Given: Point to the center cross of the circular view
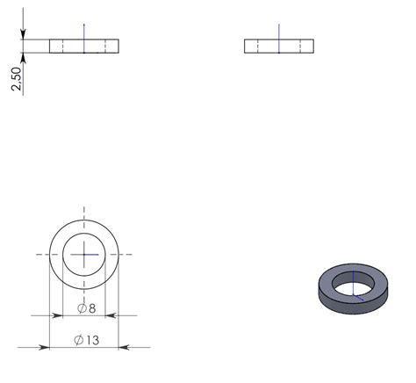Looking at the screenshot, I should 84,255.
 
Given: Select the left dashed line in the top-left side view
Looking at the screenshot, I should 63,46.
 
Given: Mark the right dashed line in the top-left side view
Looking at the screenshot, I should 105,46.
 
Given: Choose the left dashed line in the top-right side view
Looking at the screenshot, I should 258,46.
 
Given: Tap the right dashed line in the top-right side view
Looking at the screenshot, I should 299,46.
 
